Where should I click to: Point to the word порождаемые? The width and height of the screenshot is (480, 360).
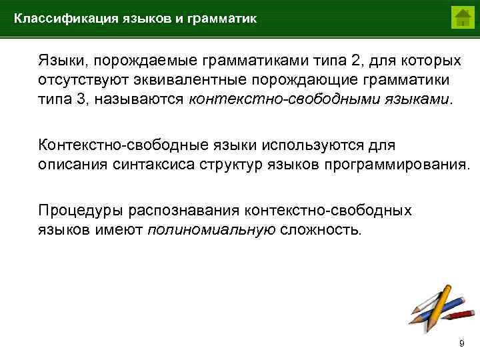141,61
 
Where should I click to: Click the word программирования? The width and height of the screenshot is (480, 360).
397,164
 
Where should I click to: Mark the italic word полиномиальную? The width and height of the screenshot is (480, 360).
211,230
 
